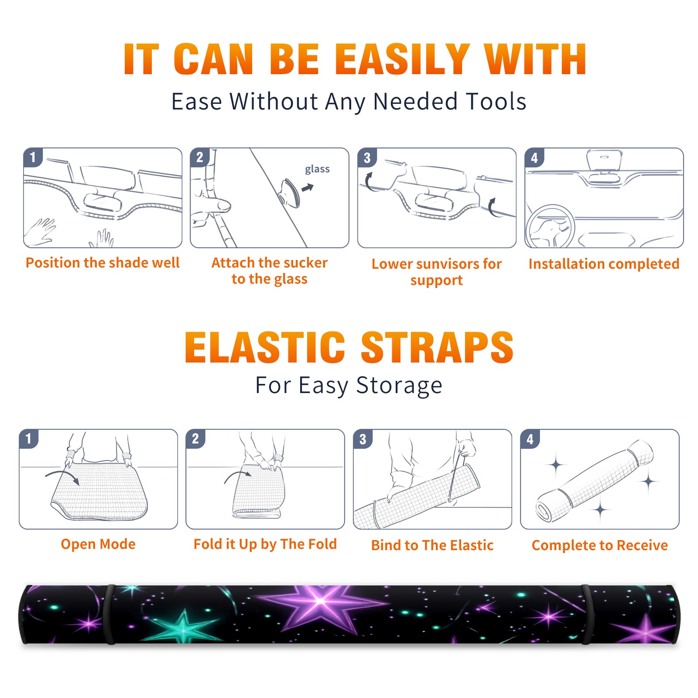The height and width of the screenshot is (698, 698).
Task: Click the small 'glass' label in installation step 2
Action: (317, 169)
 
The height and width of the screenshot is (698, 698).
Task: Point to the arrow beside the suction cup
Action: (308, 188)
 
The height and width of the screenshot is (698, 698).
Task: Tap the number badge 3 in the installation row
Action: (367, 158)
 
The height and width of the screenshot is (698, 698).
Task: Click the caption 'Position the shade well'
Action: (103, 263)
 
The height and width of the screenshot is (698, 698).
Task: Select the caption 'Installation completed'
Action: (604, 263)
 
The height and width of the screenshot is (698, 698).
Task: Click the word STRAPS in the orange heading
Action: (437, 347)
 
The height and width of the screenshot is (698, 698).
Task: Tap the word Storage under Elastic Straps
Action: (399, 386)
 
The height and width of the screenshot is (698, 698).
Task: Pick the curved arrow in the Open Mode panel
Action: (62, 477)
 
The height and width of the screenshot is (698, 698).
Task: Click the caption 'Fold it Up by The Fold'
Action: (265, 544)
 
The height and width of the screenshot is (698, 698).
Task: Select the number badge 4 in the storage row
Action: (530, 439)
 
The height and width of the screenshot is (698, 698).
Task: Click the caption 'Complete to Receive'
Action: (600, 545)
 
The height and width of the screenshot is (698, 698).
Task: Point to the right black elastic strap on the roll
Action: (586, 614)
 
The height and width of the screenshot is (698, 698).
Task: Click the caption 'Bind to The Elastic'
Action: (432, 545)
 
